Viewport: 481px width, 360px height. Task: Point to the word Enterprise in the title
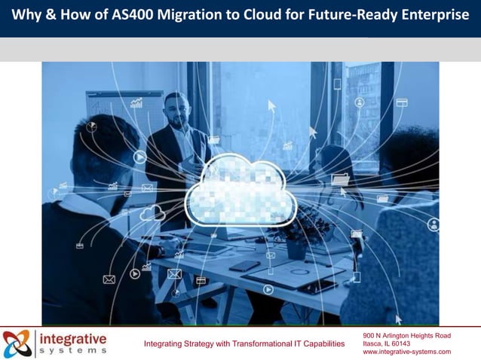tap(431, 17)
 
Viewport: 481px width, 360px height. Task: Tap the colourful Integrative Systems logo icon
tap(17, 343)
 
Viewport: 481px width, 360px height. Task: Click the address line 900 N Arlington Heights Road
tap(406, 335)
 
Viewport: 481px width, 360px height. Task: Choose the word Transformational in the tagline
tap(259, 344)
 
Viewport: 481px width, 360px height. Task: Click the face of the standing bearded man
tap(176, 110)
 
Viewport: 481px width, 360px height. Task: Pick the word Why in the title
tap(26, 17)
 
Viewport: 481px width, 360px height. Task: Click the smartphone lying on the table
tap(244, 266)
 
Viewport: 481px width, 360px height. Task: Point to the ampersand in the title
tap(50, 17)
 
